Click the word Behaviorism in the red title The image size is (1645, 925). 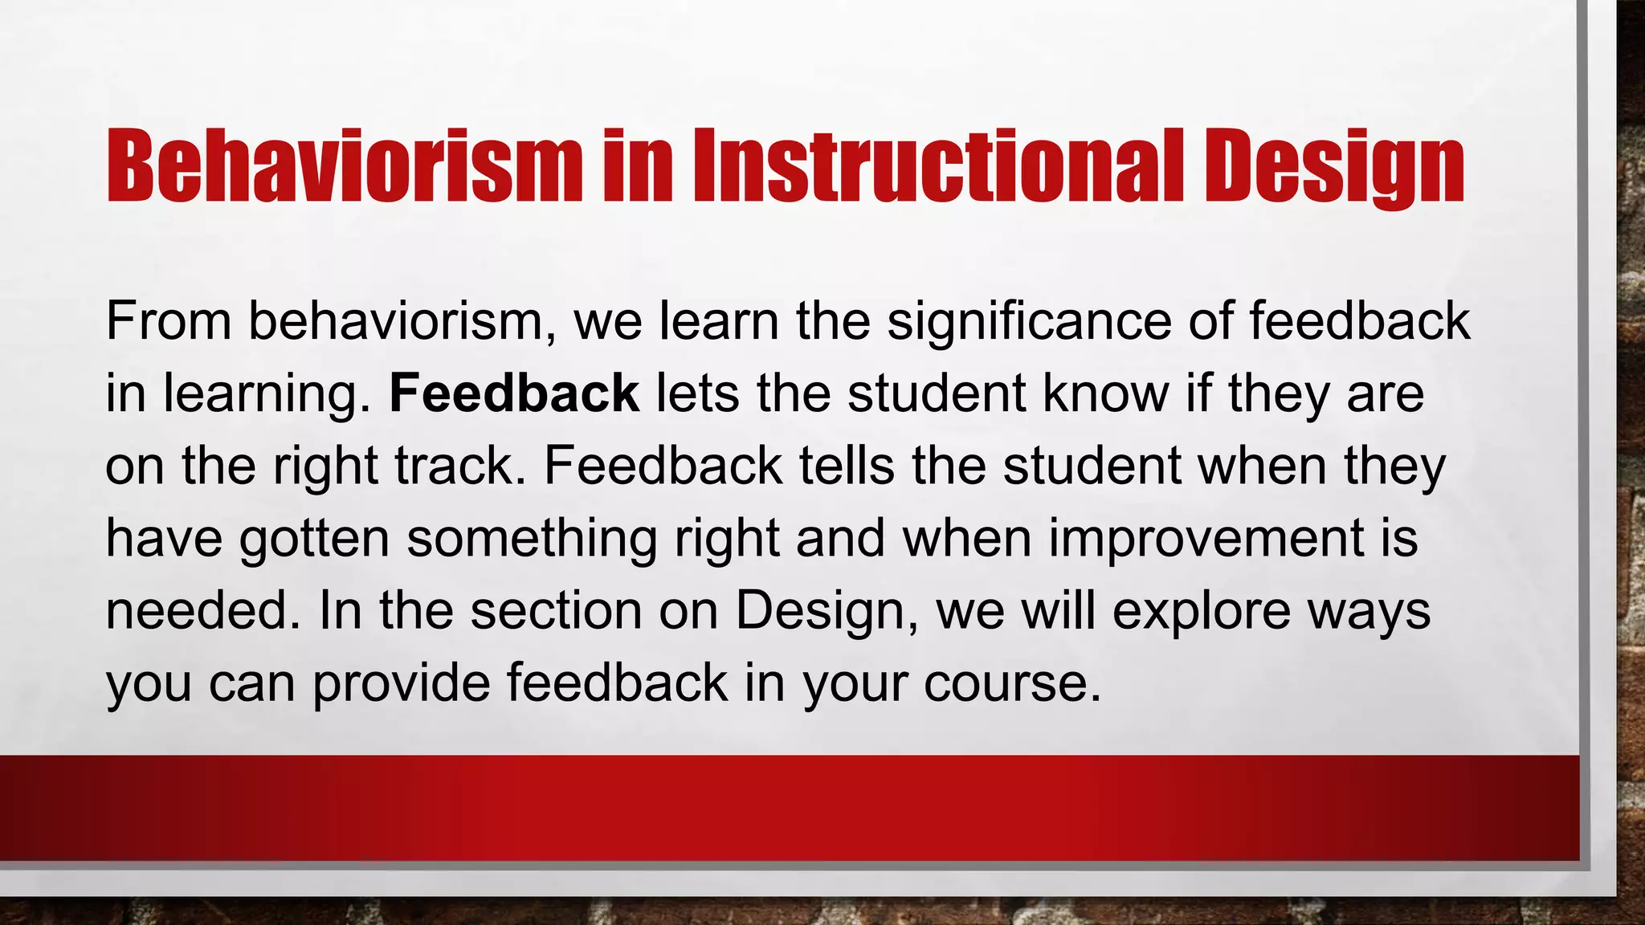pos(344,167)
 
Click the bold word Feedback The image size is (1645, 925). pos(514,393)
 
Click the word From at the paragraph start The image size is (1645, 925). pos(169,321)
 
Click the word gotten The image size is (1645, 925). pos(314,540)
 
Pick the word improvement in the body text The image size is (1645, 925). pos(1206,538)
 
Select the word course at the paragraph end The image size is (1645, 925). pos(1010,684)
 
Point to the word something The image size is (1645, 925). pos(531,540)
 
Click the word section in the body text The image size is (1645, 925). pos(556,610)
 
